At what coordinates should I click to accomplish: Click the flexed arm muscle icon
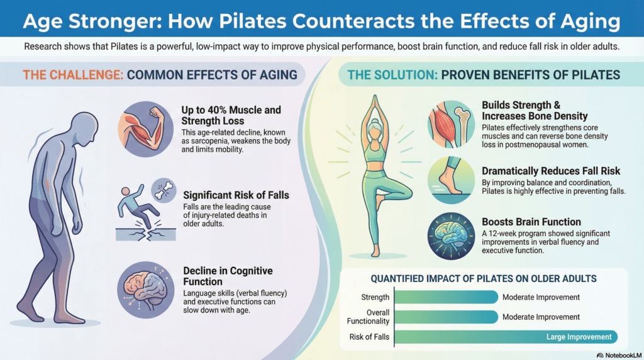[145, 131]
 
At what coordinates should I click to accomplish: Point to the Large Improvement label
[579, 337]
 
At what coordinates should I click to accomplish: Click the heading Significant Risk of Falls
[236, 195]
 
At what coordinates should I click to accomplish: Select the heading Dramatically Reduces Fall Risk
[551, 171]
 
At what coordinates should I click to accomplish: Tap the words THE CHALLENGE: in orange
[72, 75]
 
